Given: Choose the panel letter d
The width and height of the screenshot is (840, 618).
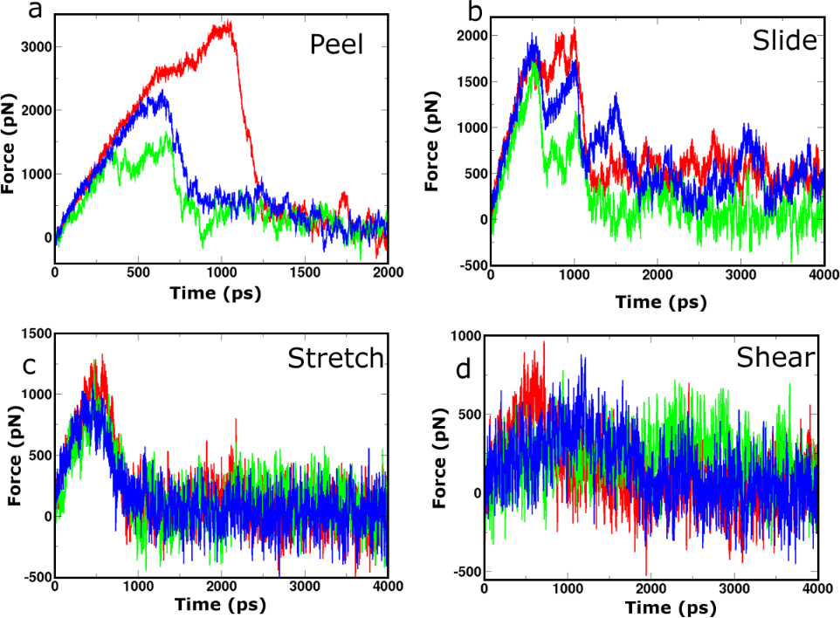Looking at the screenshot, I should [x=465, y=368].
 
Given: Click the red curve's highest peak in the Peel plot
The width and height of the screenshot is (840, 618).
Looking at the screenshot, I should [x=229, y=23].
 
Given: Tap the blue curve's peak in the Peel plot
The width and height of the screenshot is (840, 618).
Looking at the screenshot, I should [x=161, y=93].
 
